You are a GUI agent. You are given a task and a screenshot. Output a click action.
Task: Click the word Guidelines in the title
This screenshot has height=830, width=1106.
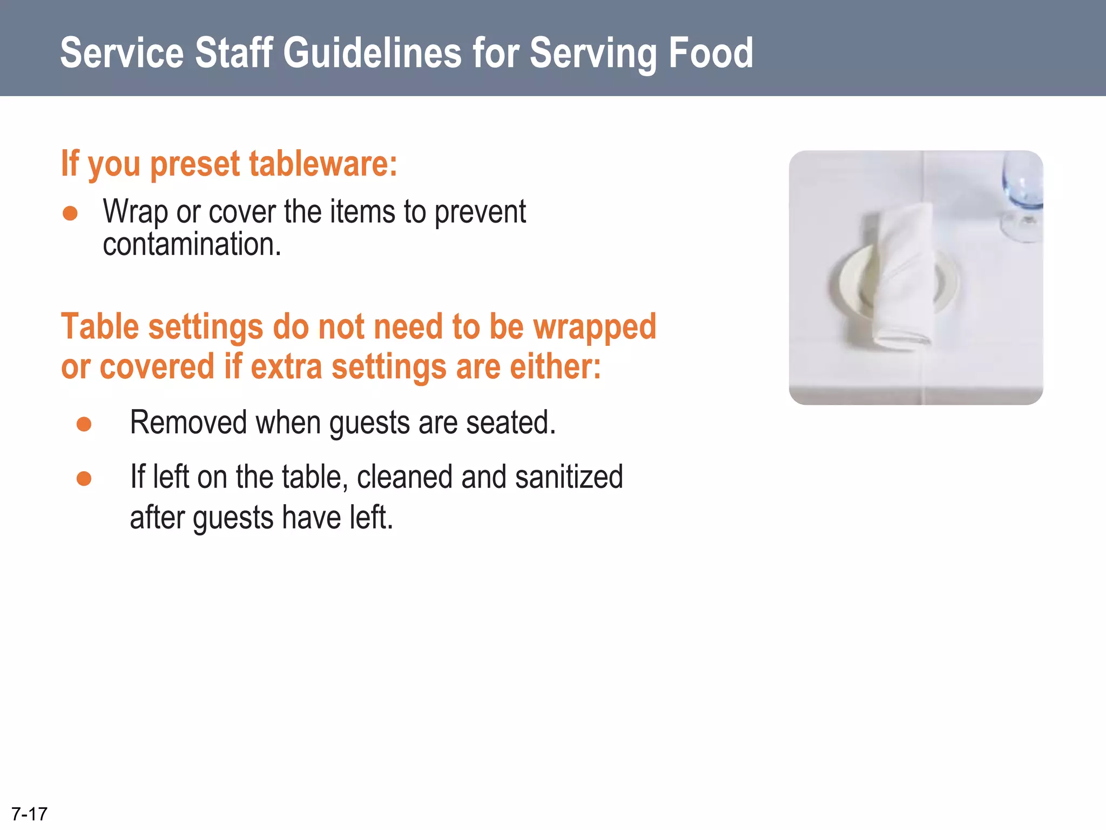point(372,53)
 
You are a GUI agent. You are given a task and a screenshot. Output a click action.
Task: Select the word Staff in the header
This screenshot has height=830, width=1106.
point(233,53)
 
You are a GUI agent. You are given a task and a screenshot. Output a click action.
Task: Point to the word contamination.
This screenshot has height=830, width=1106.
point(192,244)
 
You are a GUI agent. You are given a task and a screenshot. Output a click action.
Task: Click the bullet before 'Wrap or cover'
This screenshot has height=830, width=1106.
point(70,213)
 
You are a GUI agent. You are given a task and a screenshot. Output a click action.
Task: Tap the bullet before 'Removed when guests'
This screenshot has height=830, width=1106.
point(84,424)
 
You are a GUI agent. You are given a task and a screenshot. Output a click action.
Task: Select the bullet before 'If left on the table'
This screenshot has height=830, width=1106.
point(84,479)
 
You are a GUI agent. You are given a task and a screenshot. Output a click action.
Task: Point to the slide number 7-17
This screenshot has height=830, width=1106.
point(29,814)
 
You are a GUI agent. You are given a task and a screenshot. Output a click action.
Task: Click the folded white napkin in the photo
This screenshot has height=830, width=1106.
point(905,276)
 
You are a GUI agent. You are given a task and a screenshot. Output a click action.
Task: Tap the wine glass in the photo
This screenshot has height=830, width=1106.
point(1022,195)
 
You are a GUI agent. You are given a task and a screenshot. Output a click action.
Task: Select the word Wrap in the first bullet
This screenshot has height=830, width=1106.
point(135,212)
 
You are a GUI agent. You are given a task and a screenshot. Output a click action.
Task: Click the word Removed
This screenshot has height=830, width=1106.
point(188,423)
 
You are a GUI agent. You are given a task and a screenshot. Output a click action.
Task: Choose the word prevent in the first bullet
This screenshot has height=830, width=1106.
point(480,212)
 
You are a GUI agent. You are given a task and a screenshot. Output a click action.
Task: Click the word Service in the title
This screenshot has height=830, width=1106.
point(122,53)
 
